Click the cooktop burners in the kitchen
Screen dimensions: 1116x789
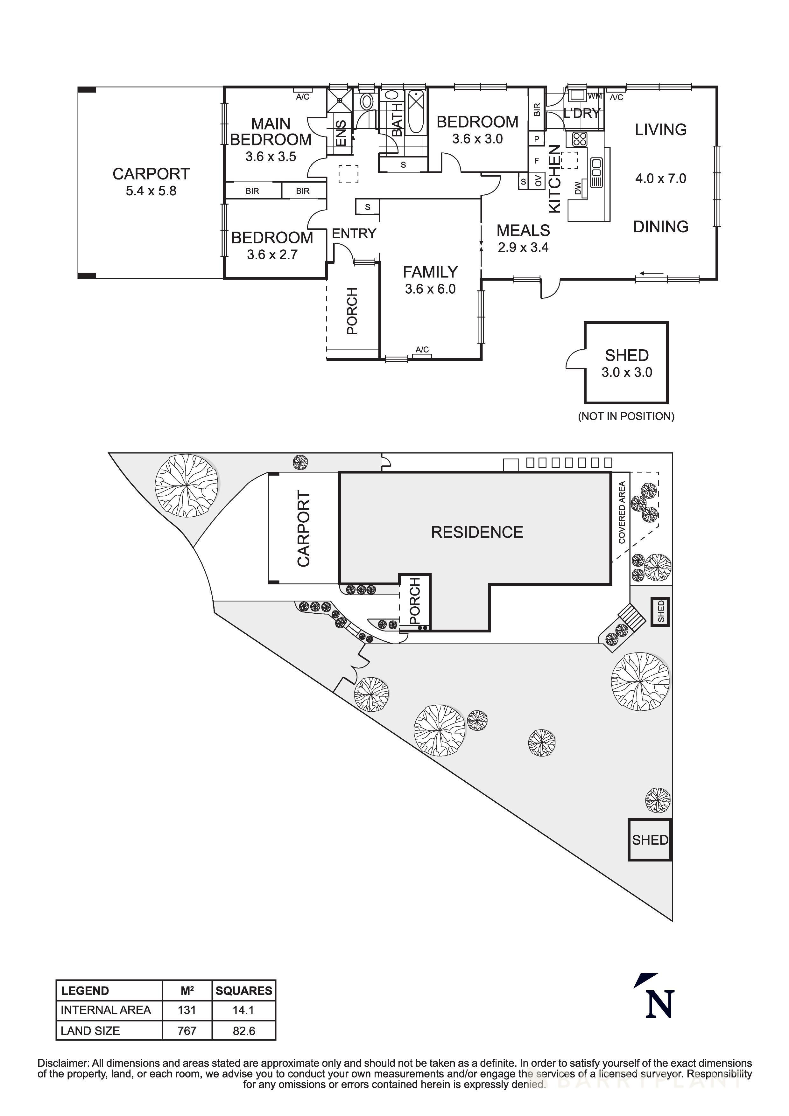(580, 139)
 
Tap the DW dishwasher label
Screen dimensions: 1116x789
(578, 188)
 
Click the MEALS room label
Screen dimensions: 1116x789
(523, 230)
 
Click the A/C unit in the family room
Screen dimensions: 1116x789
(422, 351)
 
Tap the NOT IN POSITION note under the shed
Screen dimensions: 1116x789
(626, 416)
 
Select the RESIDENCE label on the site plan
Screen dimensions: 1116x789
(477, 532)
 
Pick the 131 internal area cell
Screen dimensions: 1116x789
(187, 1010)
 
